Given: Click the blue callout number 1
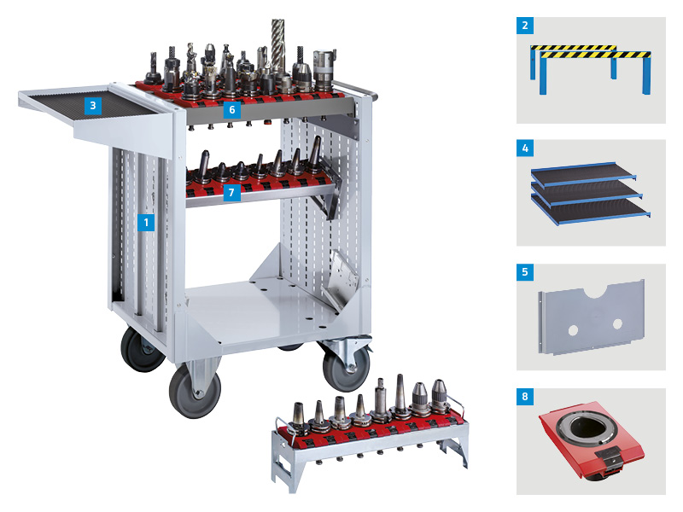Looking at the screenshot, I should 147,222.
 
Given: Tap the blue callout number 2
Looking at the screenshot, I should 525,26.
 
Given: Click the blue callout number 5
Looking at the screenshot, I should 525,273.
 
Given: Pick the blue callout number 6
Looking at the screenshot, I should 231,109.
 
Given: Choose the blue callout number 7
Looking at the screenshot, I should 231,194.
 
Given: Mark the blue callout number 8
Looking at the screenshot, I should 525,397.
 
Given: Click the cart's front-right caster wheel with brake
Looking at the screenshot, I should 345,366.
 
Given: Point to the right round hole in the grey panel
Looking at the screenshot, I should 617,323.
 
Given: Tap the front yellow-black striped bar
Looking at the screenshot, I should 595,54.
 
